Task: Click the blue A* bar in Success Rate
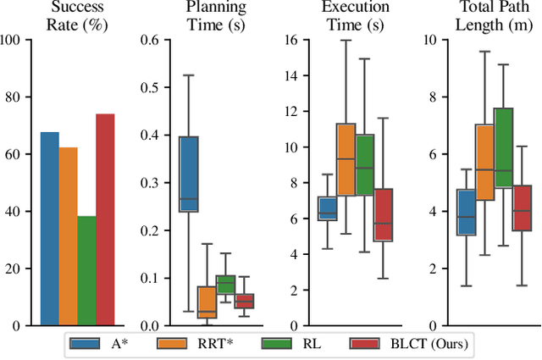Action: tap(50, 229)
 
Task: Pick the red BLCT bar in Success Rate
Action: tap(105, 219)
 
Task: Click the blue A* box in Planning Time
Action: tap(188, 174)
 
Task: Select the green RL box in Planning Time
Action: tap(225, 285)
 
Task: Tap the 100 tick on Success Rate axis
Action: tap(14, 40)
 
